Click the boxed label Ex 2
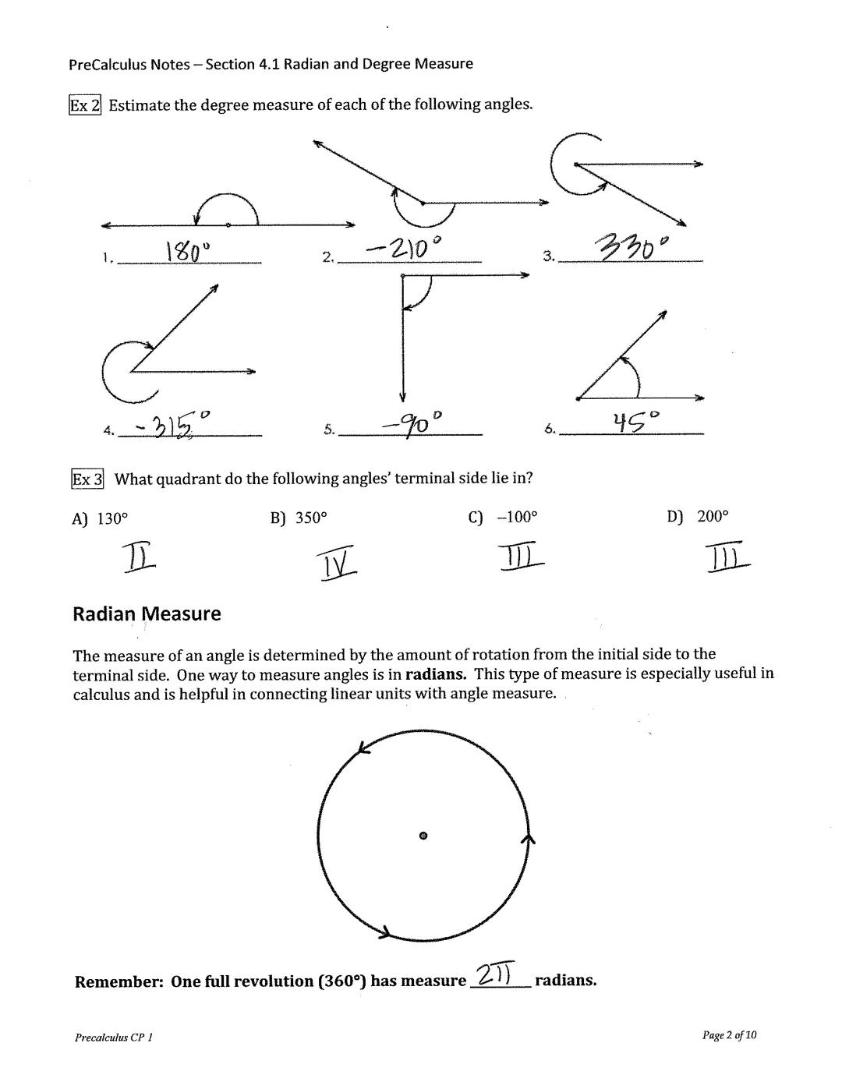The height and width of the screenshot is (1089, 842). tap(85, 104)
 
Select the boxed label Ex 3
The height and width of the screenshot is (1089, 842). tap(87, 479)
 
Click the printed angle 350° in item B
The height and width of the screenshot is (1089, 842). tap(311, 518)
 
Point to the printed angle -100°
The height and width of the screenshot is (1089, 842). tap(517, 517)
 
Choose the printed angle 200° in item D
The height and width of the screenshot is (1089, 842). tap(712, 516)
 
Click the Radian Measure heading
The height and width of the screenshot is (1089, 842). tap(147, 614)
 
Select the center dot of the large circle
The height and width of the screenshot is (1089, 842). tap(423, 835)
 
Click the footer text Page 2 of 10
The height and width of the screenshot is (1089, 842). tap(728, 1035)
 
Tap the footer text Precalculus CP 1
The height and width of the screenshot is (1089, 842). tap(114, 1038)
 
